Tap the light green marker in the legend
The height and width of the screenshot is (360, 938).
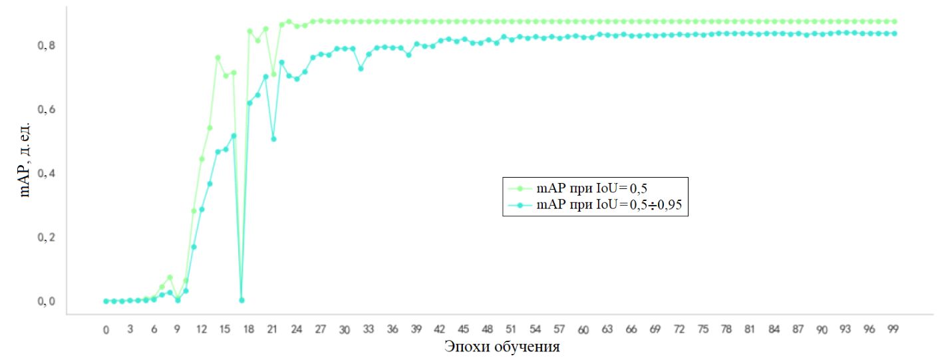(520, 188)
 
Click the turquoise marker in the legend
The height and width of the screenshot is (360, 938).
(520, 206)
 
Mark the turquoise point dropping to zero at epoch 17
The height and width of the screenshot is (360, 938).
(241, 300)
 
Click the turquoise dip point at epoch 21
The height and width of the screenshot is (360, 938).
(273, 138)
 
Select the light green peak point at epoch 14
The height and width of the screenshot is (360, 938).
(218, 58)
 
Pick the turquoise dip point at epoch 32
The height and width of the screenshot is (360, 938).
(361, 68)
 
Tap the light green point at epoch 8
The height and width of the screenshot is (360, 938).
(170, 277)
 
